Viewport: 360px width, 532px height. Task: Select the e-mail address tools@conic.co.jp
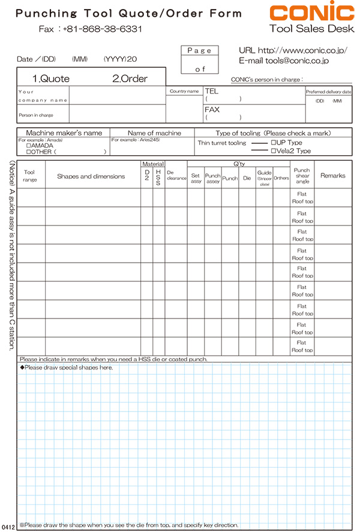click(299, 61)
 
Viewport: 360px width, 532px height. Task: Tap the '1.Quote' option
click(51, 79)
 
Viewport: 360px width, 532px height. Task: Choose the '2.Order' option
click(130, 79)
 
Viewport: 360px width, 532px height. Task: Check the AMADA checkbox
click(29, 146)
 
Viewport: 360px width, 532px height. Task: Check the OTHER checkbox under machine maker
click(29, 152)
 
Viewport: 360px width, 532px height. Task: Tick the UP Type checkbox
click(273, 143)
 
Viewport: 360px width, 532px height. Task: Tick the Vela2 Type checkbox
click(273, 151)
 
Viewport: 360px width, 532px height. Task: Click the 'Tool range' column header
click(31, 176)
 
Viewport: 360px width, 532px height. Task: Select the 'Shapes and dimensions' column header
click(91, 176)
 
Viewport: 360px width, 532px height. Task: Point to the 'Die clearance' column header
click(176, 176)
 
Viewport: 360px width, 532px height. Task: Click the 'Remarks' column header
click(333, 176)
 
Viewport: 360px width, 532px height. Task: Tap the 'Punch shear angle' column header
click(302, 176)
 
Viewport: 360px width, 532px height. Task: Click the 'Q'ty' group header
click(238, 163)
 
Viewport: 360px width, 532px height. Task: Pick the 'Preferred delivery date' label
click(329, 92)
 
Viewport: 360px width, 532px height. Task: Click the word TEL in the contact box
click(211, 91)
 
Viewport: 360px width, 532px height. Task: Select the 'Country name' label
click(184, 91)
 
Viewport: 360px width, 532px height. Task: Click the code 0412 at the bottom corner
click(8, 526)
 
